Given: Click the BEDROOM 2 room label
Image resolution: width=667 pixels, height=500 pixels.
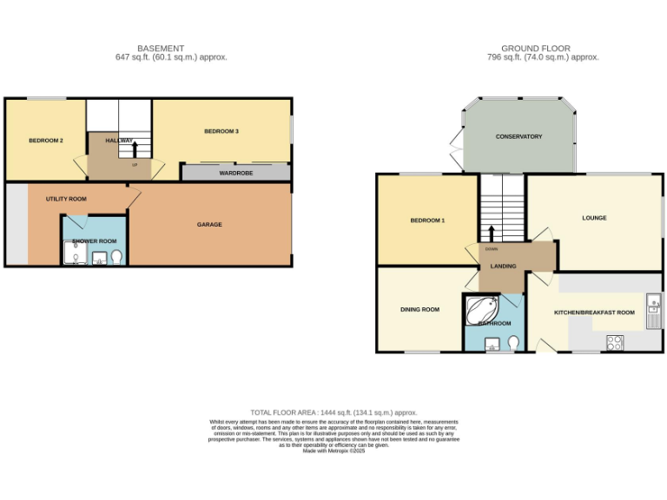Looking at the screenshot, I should [x=45, y=141].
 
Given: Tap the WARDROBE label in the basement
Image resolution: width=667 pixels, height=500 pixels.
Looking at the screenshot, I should [x=235, y=173].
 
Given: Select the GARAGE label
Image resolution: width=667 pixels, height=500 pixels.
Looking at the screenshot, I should [x=209, y=224].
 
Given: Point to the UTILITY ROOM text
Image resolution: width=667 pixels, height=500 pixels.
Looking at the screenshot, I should [x=66, y=199].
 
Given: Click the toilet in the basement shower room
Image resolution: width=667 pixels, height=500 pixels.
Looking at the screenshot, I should [x=116, y=256].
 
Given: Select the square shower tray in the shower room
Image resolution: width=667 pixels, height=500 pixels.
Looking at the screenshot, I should [x=75, y=253].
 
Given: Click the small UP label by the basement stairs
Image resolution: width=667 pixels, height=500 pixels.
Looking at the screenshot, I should [x=135, y=164].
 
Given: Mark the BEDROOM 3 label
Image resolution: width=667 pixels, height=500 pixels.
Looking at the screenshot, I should [x=221, y=131].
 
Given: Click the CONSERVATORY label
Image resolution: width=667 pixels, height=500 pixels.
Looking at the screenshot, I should [x=518, y=136].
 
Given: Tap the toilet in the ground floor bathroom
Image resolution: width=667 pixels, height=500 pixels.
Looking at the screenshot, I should [x=513, y=342].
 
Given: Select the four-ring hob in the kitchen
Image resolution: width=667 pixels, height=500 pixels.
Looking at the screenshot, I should [x=614, y=342].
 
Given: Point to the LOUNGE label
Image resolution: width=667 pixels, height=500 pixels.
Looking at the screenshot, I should [x=594, y=218].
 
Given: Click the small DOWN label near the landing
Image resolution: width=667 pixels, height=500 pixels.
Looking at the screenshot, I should [x=480, y=249].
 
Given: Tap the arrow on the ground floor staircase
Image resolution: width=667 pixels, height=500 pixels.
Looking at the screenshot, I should [x=492, y=233].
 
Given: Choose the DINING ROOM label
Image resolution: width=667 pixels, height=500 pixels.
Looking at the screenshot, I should [x=419, y=309].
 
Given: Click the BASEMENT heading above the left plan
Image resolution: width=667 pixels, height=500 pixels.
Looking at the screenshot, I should [x=161, y=48].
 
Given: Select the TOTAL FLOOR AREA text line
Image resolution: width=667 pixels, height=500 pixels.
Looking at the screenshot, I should [x=333, y=412].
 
